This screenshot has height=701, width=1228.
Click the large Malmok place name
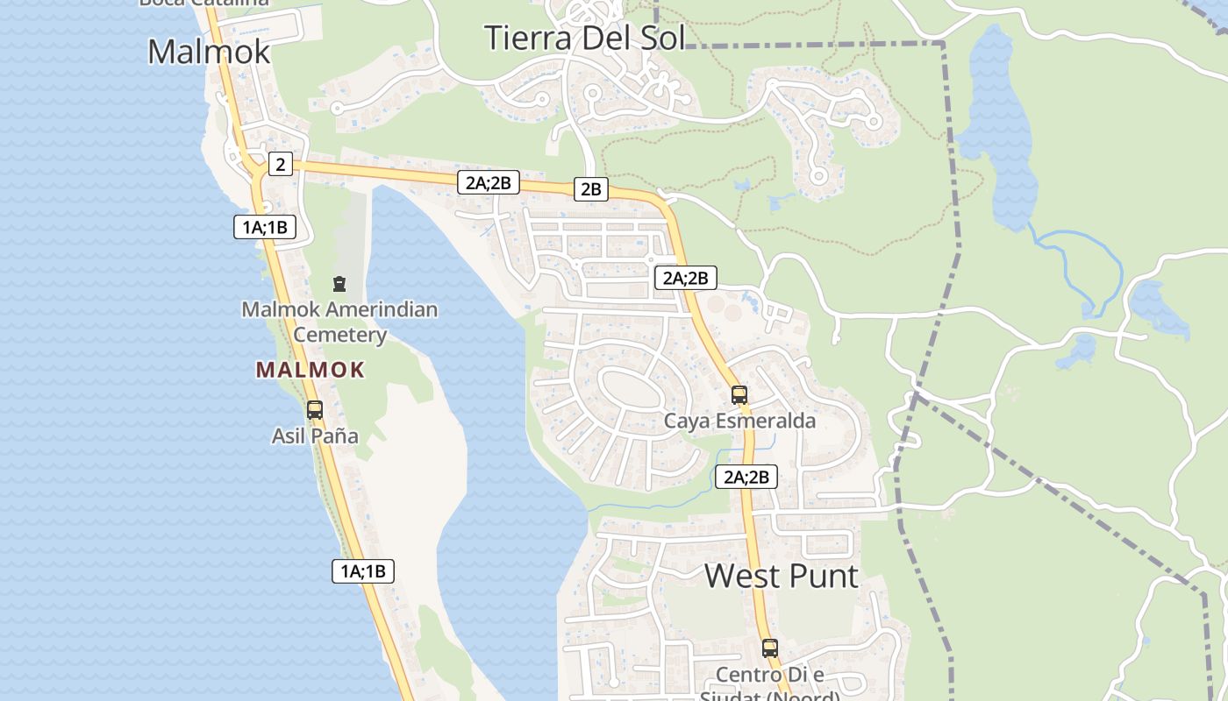click(x=209, y=52)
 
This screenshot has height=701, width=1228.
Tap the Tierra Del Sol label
click(x=584, y=39)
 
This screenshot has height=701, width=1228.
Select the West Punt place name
click(x=782, y=576)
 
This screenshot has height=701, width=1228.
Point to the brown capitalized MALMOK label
click(x=310, y=370)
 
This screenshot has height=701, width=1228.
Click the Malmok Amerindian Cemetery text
click(x=339, y=322)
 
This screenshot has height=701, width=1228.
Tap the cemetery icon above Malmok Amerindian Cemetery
click(x=339, y=283)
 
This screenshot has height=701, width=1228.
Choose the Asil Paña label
click(x=315, y=435)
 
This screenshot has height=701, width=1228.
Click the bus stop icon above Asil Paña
click(x=314, y=409)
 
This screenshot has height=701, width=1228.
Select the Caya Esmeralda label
click(x=739, y=421)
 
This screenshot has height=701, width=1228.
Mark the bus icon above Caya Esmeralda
click(x=739, y=394)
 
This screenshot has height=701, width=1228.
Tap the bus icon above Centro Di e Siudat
click(x=769, y=648)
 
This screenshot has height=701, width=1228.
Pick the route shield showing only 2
click(x=280, y=164)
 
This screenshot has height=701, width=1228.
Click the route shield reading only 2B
click(x=591, y=188)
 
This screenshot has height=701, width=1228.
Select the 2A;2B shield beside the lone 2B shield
click(x=489, y=182)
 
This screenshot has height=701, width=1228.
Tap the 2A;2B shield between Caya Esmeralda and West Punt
click(x=746, y=477)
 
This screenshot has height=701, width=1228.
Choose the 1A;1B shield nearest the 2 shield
click(x=265, y=227)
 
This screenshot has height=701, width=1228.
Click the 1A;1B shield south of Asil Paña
click(x=363, y=571)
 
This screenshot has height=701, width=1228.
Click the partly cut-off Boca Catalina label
click(x=204, y=3)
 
